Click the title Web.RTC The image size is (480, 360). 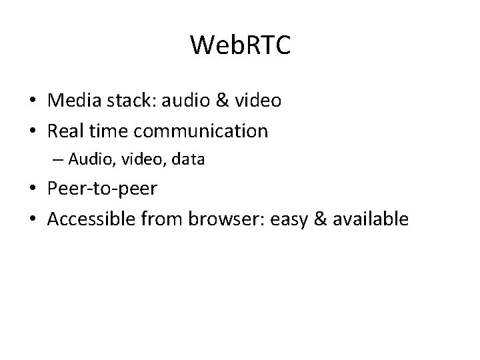(x=240, y=45)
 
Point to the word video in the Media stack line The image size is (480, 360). (x=258, y=101)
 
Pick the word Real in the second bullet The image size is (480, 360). (x=64, y=131)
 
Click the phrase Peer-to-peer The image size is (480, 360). (x=103, y=189)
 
